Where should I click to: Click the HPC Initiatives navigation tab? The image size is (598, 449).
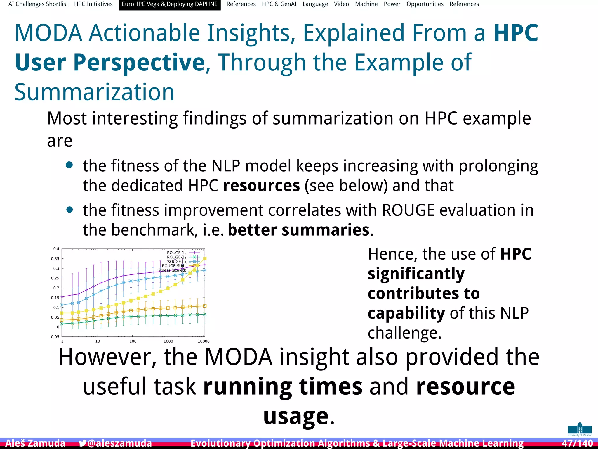(x=93, y=4)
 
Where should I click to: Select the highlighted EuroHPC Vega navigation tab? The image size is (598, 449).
(x=169, y=4)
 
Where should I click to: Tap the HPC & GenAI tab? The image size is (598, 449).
(x=279, y=4)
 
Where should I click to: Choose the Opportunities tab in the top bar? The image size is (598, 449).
(x=425, y=4)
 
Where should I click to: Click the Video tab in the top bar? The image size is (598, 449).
(x=341, y=4)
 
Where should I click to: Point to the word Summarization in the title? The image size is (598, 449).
(x=94, y=92)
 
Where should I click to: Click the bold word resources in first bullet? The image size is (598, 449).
(x=261, y=186)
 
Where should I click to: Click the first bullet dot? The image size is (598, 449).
(x=69, y=165)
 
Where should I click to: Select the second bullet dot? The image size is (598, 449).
(x=69, y=210)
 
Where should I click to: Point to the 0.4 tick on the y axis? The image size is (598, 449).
(x=56, y=249)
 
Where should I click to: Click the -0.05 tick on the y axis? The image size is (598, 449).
(x=55, y=337)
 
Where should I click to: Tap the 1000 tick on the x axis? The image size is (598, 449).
(x=168, y=341)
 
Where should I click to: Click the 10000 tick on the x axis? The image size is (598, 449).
(x=204, y=341)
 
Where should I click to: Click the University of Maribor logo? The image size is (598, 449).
(x=580, y=429)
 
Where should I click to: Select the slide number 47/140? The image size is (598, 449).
(x=577, y=443)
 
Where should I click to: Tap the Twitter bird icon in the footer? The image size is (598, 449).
(x=82, y=443)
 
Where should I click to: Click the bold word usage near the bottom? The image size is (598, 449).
(x=296, y=416)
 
